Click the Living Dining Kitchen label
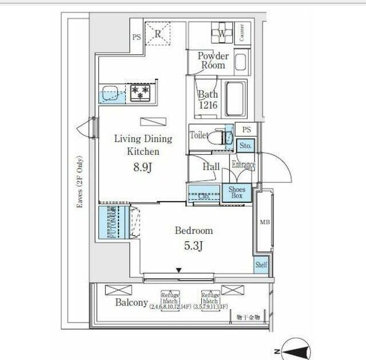tap(142, 145)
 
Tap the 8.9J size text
tap(142, 167)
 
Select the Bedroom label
tap(194, 231)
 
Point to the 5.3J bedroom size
tap(194, 246)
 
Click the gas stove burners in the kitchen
tap(140, 92)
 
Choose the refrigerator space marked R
tap(158, 33)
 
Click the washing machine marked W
tap(221, 33)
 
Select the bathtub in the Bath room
tap(235, 99)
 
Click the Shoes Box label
tap(236, 193)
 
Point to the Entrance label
tap(243, 165)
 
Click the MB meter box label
tap(264, 222)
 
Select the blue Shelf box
tap(261, 265)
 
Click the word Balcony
tap(132, 303)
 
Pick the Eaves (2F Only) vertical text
tap(78, 183)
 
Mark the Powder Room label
tap(213, 61)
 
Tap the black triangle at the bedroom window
tap(179, 270)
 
